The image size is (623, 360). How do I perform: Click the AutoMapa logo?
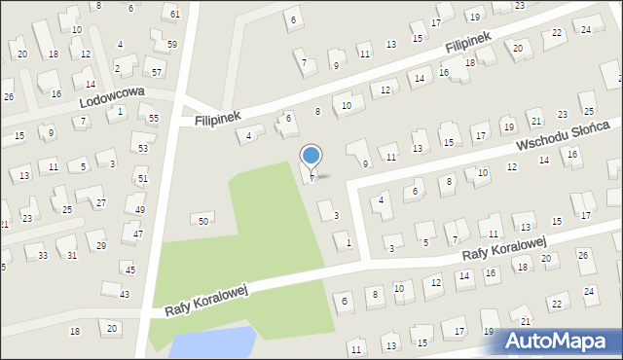[x=560, y=340]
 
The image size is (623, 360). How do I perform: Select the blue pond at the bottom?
[x=212, y=343]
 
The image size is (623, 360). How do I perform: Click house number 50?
[x=203, y=221]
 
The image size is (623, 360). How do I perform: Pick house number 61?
[x=174, y=14]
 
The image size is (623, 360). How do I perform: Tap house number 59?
[x=171, y=45]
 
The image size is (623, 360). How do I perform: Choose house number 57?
[x=156, y=72]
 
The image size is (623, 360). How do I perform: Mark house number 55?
[x=154, y=118]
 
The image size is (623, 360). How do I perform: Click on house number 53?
[x=143, y=148]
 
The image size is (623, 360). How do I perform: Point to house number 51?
[x=142, y=178]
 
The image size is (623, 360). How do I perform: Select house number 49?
[x=140, y=209]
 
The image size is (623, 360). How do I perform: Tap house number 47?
[x=138, y=234]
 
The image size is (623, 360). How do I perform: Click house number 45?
[x=130, y=269]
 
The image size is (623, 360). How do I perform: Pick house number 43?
[x=124, y=294]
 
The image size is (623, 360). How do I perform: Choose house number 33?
[x=43, y=255]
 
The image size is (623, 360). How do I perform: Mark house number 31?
[x=72, y=255]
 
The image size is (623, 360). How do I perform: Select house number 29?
[x=101, y=245]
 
